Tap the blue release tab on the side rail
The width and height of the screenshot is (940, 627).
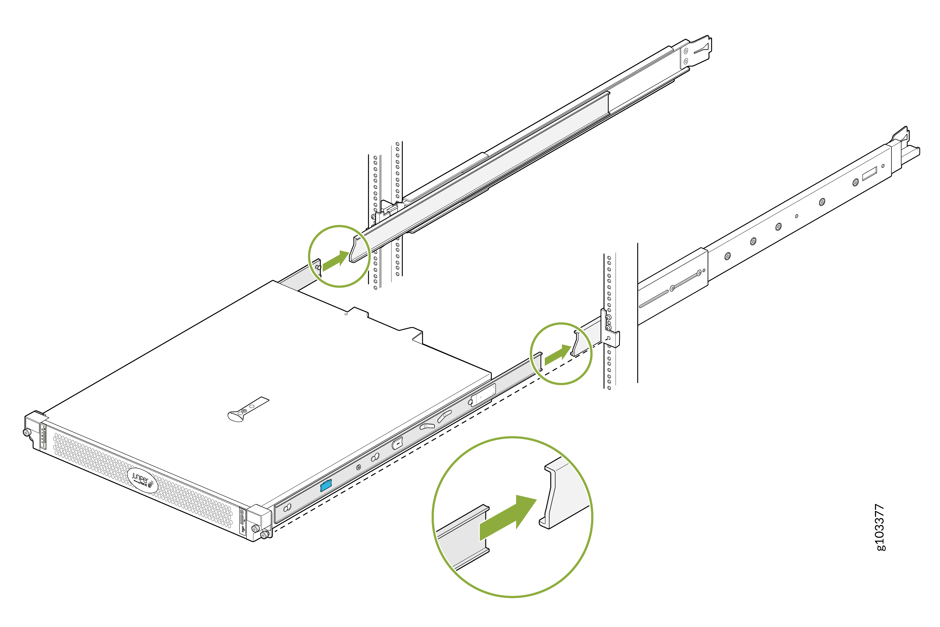coord(326,486)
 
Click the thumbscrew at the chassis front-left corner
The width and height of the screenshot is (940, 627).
coord(27,432)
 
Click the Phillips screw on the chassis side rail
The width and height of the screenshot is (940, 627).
coord(359,467)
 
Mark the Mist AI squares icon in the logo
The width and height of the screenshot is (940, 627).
coord(151,484)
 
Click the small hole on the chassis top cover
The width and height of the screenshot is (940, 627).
coord(346,314)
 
